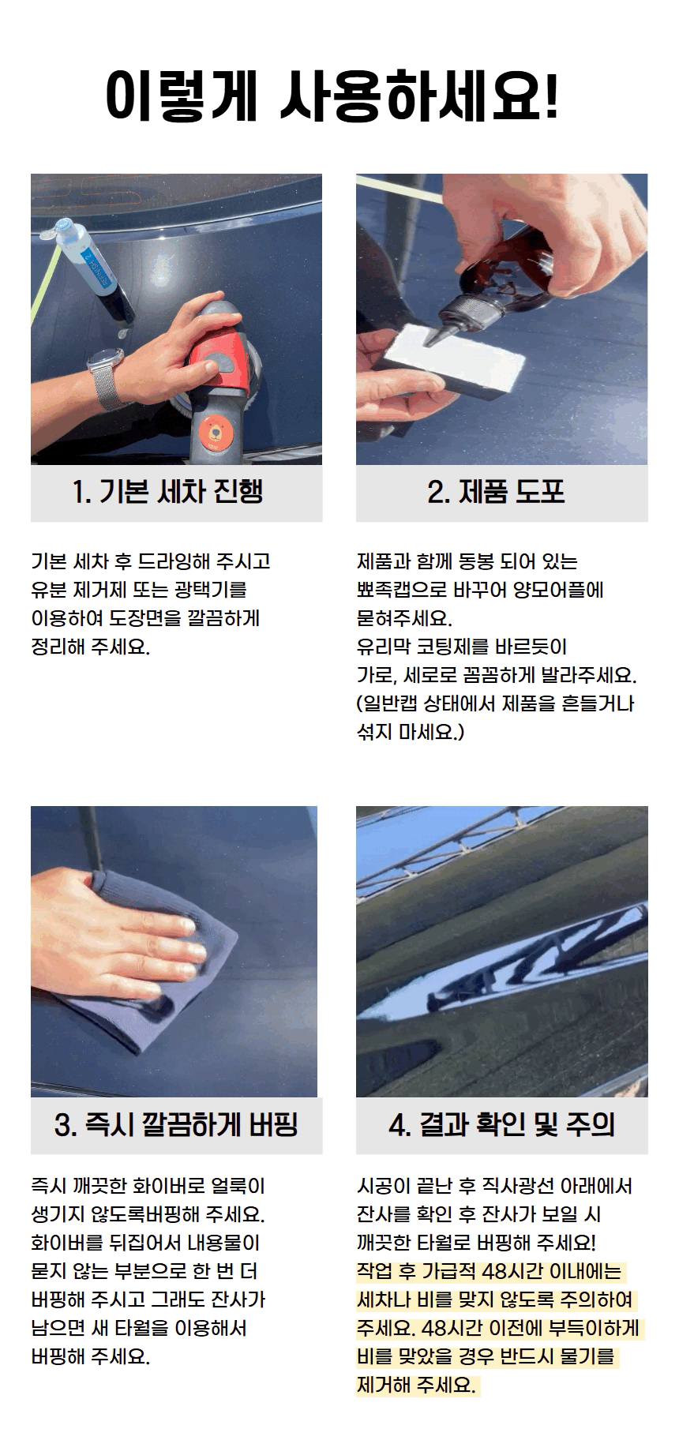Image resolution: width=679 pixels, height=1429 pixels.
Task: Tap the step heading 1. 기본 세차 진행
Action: point(167,492)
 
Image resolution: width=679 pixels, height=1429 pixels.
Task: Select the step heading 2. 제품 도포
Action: point(497,492)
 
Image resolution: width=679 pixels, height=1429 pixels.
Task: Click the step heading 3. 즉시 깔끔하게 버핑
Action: point(176,1124)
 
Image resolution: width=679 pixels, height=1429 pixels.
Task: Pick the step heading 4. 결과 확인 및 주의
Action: point(502,1124)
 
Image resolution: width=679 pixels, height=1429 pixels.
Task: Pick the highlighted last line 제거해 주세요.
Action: point(416,1385)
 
